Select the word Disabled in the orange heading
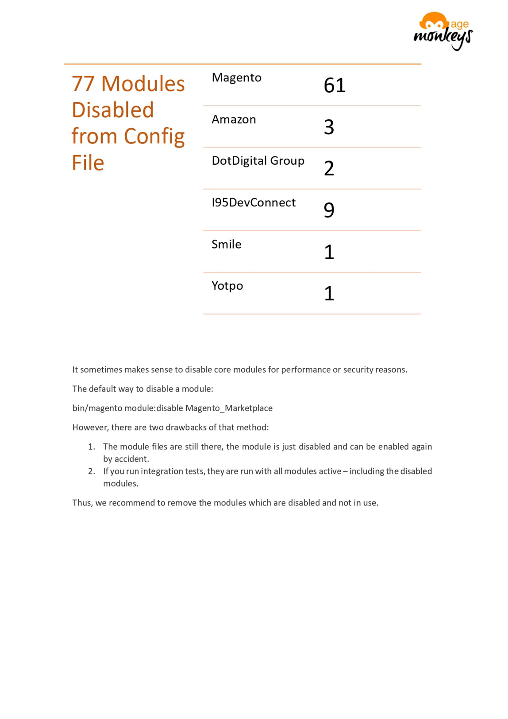(113, 110)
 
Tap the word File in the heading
(88, 163)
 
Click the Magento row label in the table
(236, 78)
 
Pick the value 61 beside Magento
(334, 85)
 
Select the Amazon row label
(234, 120)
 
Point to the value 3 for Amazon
(329, 127)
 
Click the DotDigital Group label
(258, 161)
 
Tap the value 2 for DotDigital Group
(329, 168)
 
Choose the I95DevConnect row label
(254, 202)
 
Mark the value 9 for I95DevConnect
(329, 210)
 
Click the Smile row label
(226, 244)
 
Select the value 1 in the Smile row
(329, 252)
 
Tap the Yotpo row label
(227, 286)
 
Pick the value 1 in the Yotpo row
(329, 293)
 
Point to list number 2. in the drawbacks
(92, 471)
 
